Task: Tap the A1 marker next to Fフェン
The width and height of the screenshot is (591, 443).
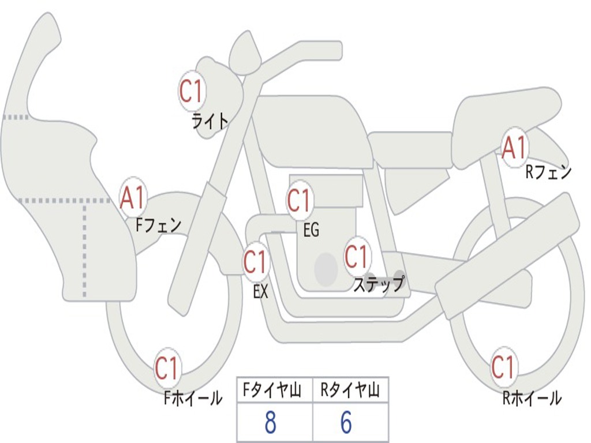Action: coord(133,198)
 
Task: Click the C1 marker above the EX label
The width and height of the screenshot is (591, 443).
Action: coord(255,262)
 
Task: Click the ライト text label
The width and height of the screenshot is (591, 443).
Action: coord(210,121)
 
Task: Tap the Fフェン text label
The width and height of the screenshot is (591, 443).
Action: coord(158,224)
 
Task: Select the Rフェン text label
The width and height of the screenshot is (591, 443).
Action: coord(548,172)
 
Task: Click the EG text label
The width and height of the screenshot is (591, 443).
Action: coord(311,230)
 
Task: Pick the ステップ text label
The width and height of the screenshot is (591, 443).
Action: coord(379,284)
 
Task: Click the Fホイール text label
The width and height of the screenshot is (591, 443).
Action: coord(193,398)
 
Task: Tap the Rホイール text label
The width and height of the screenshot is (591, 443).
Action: coord(532,398)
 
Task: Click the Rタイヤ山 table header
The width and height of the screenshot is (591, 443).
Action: coord(350,391)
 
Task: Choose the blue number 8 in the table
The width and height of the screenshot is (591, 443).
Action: coord(270,423)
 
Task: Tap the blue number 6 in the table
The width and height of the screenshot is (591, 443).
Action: coord(346,423)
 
